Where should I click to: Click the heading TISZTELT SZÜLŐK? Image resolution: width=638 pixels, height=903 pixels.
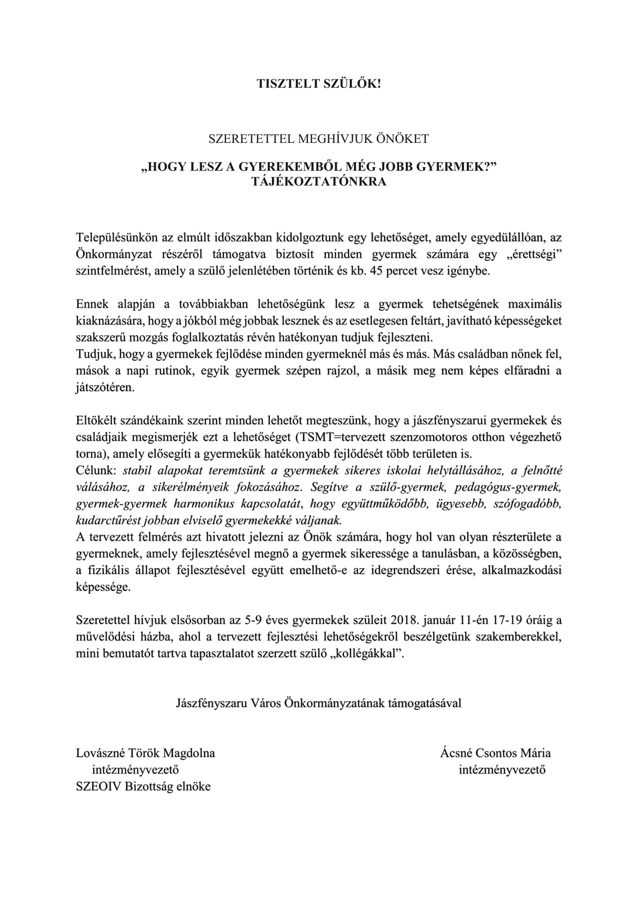tap(319, 84)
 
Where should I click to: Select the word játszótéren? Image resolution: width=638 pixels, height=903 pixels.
tap(104, 388)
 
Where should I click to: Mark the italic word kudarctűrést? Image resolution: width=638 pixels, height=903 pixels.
tap(102, 520)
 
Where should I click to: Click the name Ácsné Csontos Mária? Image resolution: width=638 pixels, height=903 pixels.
tap(495, 753)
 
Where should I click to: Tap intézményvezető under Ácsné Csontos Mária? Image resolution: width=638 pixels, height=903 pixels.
tap(502, 769)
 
